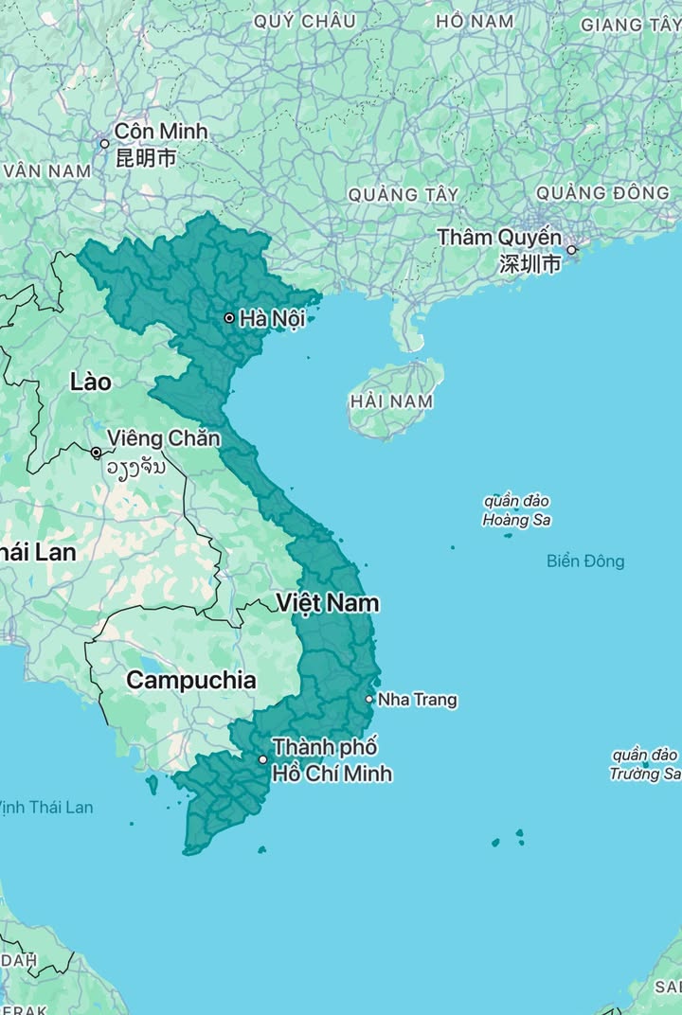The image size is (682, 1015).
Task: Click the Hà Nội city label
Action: point(272,318)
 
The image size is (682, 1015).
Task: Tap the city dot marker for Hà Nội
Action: point(228,318)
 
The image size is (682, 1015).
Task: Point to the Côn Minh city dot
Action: point(104,144)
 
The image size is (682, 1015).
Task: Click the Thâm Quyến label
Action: point(499,238)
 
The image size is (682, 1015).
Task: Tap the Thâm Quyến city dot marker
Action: point(571,250)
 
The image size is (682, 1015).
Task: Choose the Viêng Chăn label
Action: point(164,438)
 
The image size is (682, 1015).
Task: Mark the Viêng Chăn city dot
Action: point(96,453)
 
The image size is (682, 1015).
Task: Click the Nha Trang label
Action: point(418,700)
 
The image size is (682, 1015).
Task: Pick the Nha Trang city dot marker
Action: point(369,700)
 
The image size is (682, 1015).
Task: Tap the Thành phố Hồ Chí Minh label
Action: point(332,760)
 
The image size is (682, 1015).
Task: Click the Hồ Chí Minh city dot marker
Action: point(263,759)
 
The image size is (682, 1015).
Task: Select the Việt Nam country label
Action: point(328,602)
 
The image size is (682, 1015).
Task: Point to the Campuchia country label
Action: point(190,680)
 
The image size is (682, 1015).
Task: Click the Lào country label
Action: point(91,383)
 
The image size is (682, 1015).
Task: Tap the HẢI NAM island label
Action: point(391,401)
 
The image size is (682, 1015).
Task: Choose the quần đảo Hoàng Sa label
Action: point(516,510)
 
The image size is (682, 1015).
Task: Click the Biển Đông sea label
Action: point(585,561)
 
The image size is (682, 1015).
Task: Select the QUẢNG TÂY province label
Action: point(403,194)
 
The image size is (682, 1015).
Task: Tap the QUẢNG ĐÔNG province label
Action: point(602,192)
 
